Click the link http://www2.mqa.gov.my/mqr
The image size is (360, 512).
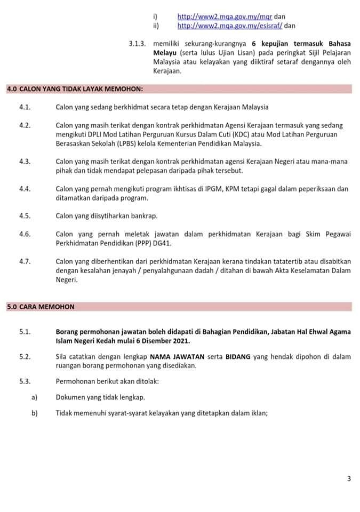pos(224,17)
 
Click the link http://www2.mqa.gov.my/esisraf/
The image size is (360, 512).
pos(228,25)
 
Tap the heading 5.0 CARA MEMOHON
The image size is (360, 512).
pos(40,307)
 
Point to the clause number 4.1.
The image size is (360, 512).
pos(25,107)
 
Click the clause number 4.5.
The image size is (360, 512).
pos(25,216)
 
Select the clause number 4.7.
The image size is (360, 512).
pos(25,261)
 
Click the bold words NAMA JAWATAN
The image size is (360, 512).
pos(176,357)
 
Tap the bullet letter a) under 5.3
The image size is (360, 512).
pos(35,397)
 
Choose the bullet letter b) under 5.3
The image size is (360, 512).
pos(35,413)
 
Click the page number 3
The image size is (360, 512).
pos(349,478)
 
